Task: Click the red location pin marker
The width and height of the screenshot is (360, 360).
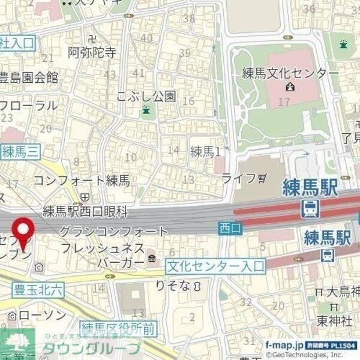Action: [24, 231]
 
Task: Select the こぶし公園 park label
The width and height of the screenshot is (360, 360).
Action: [146, 96]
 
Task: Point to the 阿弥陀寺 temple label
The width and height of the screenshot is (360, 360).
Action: [92, 53]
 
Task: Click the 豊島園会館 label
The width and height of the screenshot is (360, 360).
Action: [28, 77]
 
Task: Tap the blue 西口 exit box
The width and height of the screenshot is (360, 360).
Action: [229, 227]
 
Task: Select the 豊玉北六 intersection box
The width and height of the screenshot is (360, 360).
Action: [38, 289]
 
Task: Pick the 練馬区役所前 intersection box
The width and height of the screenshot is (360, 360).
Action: [119, 328]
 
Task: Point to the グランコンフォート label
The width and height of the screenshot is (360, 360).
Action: [114, 231]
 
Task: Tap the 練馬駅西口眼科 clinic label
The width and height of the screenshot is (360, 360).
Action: [85, 211]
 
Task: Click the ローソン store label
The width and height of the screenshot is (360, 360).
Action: [42, 316]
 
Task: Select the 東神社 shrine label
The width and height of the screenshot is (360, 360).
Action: [334, 320]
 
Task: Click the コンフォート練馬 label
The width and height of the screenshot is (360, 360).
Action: [81, 180]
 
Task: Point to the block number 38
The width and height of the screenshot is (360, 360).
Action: [189, 18]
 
